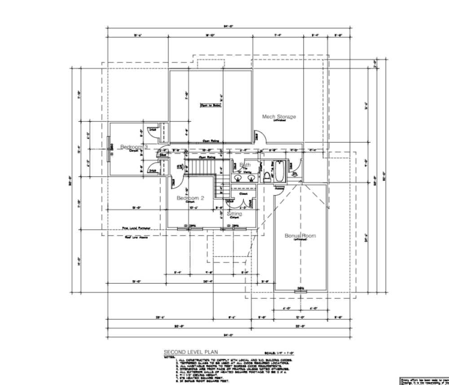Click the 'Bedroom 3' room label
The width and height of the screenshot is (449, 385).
134,147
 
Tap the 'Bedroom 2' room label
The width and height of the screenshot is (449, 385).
190,198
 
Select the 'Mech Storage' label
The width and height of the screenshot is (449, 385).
279,117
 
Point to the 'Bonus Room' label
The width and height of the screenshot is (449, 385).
300,236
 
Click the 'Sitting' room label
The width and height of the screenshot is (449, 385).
234,214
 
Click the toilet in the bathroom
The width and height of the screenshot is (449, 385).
265,175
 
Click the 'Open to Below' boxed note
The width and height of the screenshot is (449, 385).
211,105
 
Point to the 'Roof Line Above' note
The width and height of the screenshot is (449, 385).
136,237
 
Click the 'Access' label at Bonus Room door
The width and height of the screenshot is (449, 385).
278,189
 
